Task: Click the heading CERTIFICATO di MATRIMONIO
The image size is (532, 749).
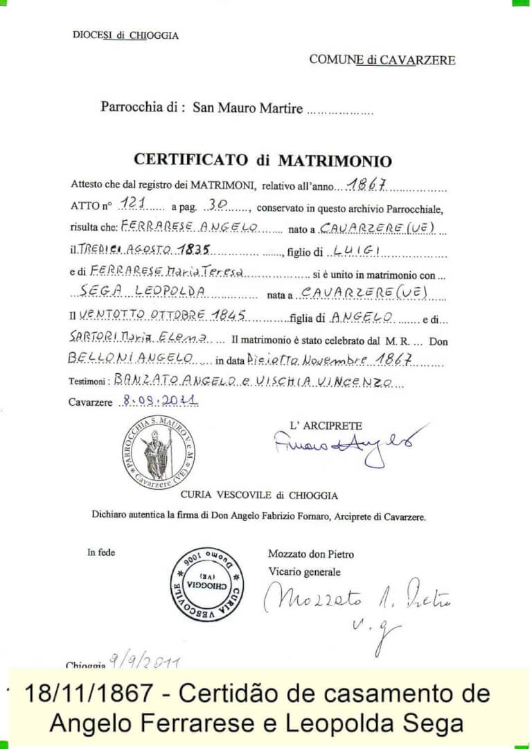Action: pyautogui.click(x=263, y=160)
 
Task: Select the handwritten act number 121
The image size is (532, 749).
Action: pyautogui.click(x=131, y=205)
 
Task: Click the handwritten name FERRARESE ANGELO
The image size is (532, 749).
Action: pyautogui.click(x=189, y=226)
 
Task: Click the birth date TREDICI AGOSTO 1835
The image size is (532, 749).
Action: pyautogui.click(x=143, y=250)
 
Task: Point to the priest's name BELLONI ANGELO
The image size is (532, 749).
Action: pyautogui.click(x=130, y=358)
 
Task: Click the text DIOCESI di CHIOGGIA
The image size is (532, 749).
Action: pyautogui.click(x=125, y=35)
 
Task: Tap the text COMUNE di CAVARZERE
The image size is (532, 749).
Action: pyautogui.click(x=382, y=60)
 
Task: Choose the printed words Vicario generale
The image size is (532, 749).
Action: pyautogui.click(x=305, y=571)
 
